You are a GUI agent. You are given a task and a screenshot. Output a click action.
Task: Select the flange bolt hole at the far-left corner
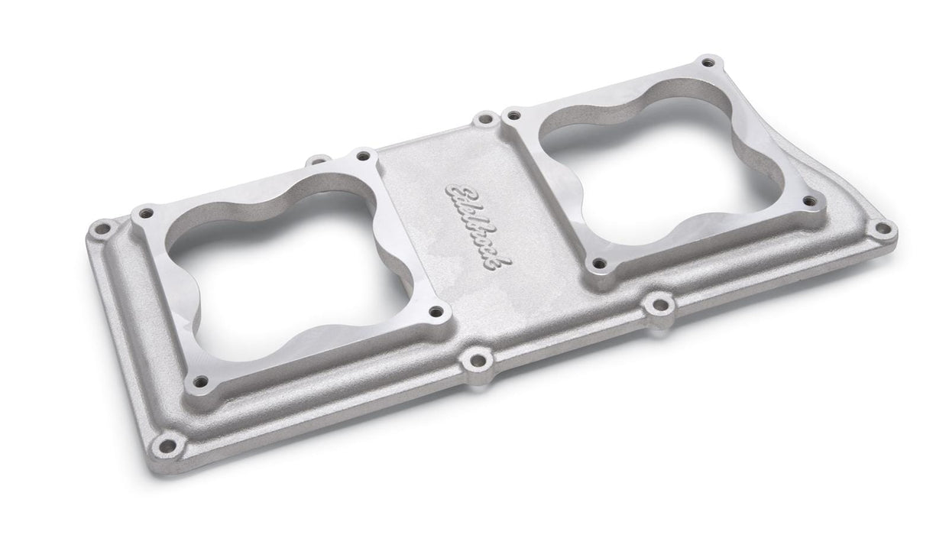(x=100, y=228)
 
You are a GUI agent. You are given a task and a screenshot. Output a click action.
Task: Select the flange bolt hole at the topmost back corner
(x=708, y=60)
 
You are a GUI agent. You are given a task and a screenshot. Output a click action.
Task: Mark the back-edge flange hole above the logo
(x=484, y=119)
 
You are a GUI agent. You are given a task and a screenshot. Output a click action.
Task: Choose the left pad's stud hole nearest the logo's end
(x=436, y=311)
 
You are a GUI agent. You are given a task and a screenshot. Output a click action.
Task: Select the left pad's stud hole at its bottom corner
(x=201, y=380)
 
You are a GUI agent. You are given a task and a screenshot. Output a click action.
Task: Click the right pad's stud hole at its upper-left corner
(x=513, y=116)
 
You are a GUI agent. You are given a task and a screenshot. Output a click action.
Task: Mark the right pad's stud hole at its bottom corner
(x=599, y=264)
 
